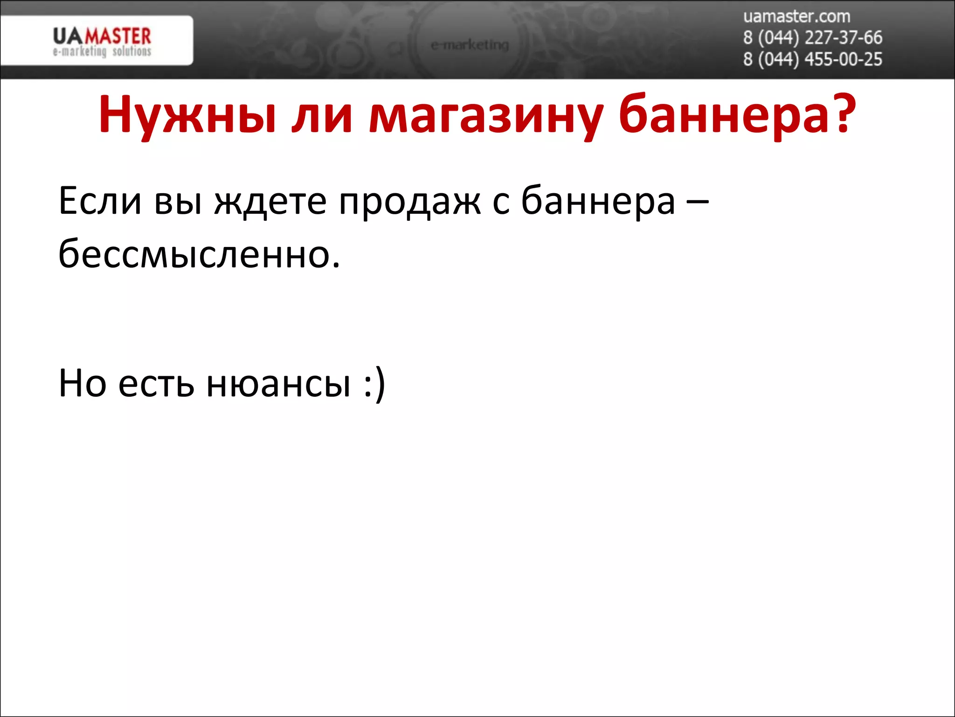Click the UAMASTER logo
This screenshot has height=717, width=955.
pyautogui.click(x=102, y=36)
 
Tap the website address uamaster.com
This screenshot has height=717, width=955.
pyautogui.click(x=796, y=17)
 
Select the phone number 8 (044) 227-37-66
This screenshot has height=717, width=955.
pyautogui.click(x=812, y=38)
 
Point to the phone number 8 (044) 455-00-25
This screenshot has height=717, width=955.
pyautogui.click(x=812, y=60)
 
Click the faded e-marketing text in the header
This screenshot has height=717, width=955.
pyautogui.click(x=470, y=45)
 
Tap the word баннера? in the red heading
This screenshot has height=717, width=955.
pyautogui.click(x=737, y=115)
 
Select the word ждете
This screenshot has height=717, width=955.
pyautogui.click(x=270, y=202)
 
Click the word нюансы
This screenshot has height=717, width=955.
pyautogui.click(x=278, y=384)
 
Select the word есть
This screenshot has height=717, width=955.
pyautogui.click(x=156, y=384)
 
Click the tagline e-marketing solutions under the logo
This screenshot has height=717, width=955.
pyautogui.click(x=102, y=51)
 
